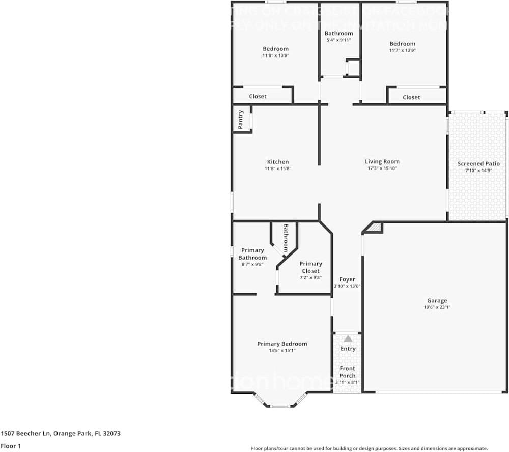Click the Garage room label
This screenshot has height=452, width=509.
tap(437, 301)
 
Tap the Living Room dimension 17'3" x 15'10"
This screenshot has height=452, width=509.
tap(382, 168)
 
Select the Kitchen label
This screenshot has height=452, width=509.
tap(277, 162)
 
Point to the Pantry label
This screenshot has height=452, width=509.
tap(241, 119)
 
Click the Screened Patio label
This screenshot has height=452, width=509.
tap(478, 164)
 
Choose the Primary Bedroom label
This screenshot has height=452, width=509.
tap(282, 344)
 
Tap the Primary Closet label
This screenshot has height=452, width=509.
tap(310, 267)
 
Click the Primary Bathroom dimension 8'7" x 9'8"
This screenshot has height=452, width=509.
tap(252, 264)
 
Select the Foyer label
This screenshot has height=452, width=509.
tap(347, 279)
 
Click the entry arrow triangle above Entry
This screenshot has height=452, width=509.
tap(348, 338)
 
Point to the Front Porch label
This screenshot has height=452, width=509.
tap(347, 372)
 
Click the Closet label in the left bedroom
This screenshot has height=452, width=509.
tap(258, 96)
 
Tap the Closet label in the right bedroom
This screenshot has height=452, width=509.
tap(411, 97)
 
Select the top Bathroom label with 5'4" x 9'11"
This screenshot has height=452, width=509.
tap(338, 34)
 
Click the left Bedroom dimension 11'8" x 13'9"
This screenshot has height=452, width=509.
tap(275, 55)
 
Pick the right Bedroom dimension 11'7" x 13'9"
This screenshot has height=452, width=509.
tap(403, 50)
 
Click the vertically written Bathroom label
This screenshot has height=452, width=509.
tap(286, 238)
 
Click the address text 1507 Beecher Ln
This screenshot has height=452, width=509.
tap(31, 434)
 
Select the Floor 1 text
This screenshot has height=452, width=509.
tap(10, 446)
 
